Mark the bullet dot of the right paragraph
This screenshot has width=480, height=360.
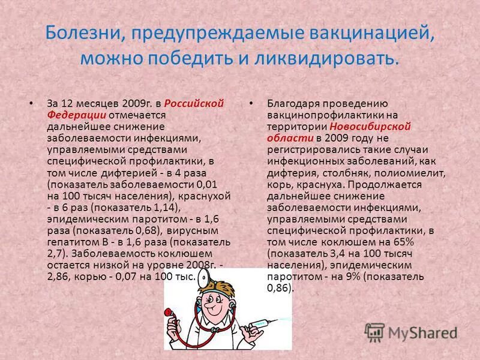pyautogui.click(x=251, y=103)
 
